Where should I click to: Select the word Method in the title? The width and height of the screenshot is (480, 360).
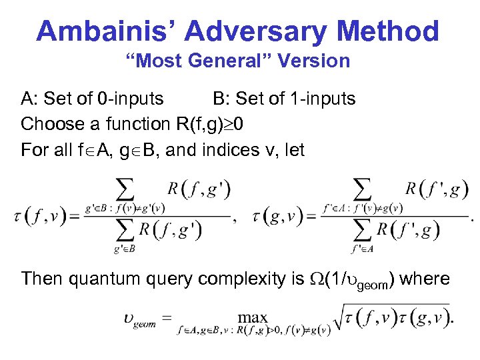pos(391,31)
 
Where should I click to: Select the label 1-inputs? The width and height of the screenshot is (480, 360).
pos(322,99)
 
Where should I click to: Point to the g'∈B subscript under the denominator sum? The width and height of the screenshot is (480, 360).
pos(125,249)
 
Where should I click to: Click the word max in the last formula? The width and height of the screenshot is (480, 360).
pos(253,319)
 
